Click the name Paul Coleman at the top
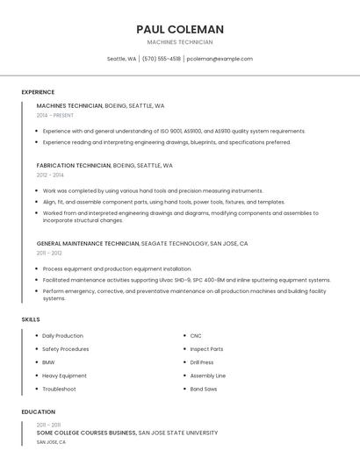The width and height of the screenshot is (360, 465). [180, 29]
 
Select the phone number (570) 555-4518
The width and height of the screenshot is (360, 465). [162, 59]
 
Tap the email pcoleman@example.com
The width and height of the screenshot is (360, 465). [220, 59]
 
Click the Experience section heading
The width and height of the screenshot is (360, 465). [38, 92]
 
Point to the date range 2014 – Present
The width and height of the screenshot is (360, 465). [55, 115]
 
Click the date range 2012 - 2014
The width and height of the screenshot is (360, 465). [50, 175]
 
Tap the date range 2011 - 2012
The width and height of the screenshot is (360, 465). [49, 253]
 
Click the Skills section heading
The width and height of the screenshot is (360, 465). [31, 319]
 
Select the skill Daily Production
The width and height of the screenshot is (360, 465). [62, 336]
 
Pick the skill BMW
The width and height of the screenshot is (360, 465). [48, 362]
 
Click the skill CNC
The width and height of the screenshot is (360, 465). [196, 336]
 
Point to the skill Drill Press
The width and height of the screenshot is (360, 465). [202, 362]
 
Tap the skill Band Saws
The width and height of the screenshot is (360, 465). [203, 389]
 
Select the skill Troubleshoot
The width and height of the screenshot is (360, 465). [59, 389]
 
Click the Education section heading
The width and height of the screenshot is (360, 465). [38, 411]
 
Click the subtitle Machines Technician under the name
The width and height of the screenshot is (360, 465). [180, 42]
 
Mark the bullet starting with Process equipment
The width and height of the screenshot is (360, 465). [117, 268]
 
